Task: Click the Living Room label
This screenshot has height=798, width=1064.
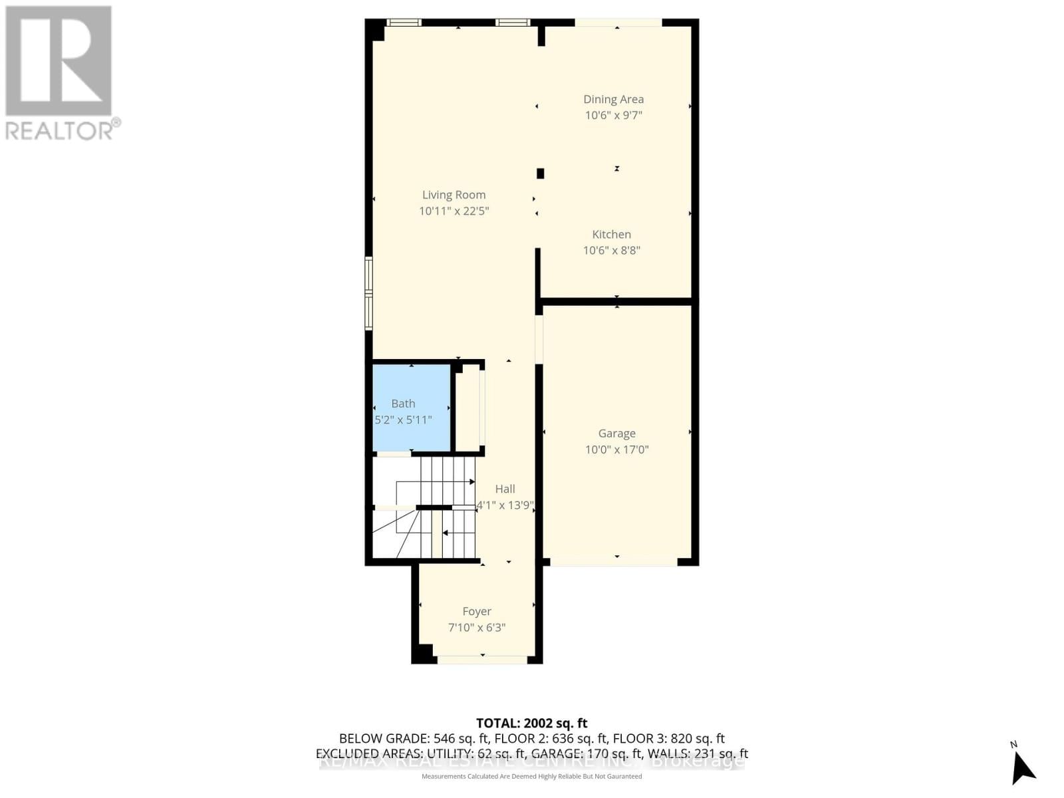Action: [x=454, y=195]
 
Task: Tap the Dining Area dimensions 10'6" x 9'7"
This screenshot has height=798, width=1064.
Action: [x=613, y=115]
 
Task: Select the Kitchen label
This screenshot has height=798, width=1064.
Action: [x=611, y=234]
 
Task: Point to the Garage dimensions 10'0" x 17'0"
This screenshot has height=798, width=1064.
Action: [x=616, y=450]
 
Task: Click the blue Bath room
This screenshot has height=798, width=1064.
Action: [x=411, y=408]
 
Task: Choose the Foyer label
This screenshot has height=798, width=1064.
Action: [x=477, y=611]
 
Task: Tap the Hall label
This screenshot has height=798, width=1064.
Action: [x=505, y=489]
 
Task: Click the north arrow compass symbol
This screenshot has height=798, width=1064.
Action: [x=1022, y=767]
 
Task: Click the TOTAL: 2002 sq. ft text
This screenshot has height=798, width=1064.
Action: [x=531, y=723]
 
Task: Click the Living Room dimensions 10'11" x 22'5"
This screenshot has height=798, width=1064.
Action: [x=454, y=211]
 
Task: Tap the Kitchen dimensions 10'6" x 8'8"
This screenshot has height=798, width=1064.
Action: [x=611, y=250]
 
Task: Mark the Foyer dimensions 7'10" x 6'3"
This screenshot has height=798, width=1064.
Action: [x=477, y=627]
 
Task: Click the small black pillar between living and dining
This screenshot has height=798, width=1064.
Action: [x=540, y=174]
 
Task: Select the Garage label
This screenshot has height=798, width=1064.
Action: [x=616, y=434]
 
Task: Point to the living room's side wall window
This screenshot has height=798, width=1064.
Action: [x=368, y=293]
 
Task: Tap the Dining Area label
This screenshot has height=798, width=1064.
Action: [x=613, y=99]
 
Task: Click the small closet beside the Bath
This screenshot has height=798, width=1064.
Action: [x=468, y=408]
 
